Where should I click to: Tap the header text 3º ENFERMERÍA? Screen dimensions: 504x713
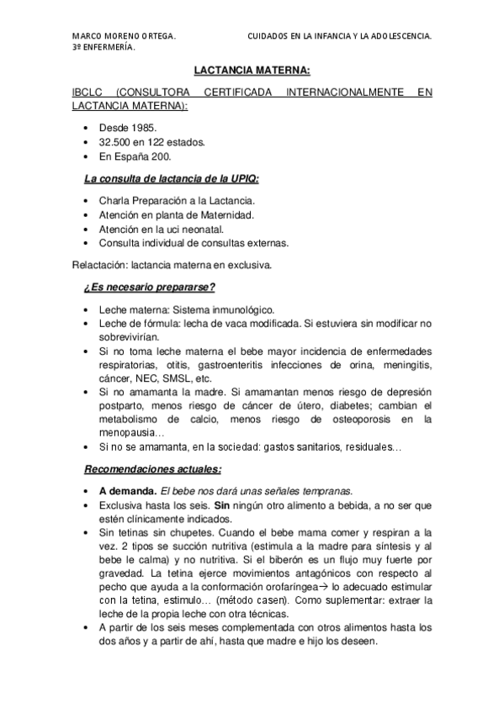pyautogui.click(x=104, y=48)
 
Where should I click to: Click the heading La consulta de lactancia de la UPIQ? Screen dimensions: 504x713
pyautogui.click(x=172, y=179)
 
